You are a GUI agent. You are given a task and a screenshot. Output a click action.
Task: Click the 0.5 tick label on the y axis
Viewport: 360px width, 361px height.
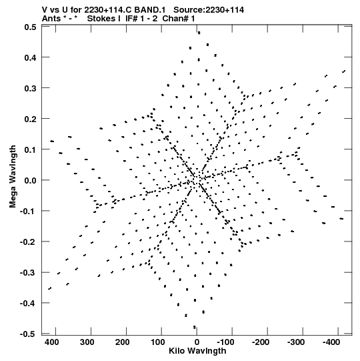tap(30, 27)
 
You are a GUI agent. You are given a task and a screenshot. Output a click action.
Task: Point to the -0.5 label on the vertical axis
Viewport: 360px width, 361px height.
tap(28, 334)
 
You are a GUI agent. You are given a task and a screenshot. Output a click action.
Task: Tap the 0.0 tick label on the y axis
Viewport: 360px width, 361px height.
tap(30, 180)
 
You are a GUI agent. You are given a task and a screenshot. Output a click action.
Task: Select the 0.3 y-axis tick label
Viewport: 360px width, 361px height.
tap(30, 88)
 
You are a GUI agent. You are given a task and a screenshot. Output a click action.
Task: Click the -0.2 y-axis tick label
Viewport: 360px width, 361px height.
tap(28, 242)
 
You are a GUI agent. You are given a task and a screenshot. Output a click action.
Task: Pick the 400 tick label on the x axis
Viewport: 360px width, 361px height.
tap(52, 342)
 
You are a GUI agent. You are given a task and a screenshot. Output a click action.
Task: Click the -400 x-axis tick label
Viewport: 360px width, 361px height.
tap(331, 342)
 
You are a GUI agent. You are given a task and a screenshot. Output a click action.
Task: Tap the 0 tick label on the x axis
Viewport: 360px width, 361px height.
tap(197, 342)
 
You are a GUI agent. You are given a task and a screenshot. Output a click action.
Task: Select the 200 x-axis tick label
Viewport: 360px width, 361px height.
tap(122, 342)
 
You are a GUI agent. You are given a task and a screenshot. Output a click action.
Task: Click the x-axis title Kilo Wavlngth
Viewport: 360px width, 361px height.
tap(197, 351)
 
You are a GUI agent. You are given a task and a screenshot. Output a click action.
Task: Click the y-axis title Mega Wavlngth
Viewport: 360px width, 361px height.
tap(13, 177)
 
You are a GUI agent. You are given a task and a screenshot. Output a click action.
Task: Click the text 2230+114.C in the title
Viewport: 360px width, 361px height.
tap(108, 10)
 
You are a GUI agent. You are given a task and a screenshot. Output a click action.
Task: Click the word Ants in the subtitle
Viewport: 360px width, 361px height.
tap(51, 19)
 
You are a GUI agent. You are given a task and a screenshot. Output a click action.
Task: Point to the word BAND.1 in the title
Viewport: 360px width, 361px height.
tap(150, 10)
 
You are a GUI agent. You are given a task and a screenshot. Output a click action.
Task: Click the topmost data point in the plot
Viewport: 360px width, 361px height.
tap(199, 33)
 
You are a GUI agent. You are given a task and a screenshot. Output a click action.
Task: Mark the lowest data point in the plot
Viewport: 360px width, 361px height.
tap(195, 327)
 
